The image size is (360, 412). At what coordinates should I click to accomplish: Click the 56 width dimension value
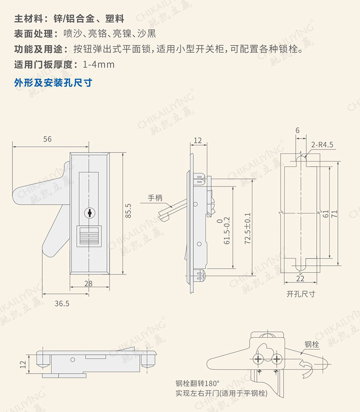point(47,139)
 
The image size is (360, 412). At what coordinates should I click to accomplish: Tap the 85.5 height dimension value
point(128,211)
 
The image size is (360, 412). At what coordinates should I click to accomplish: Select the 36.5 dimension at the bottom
point(61,303)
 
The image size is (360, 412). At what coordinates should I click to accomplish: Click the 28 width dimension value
point(88,283)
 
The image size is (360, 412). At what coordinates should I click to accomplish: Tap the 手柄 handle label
point(156,198)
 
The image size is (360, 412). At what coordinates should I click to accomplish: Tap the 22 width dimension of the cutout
point(300,279)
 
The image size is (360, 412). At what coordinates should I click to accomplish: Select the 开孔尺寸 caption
point(300,294)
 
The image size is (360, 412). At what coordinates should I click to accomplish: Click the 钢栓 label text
point(312,344)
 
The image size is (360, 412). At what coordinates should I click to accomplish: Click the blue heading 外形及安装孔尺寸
point(53,82)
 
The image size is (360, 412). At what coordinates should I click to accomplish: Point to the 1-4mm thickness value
point(99,64)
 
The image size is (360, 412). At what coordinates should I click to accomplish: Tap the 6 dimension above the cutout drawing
point(298,130)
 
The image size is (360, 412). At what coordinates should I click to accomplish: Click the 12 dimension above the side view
point(198,140)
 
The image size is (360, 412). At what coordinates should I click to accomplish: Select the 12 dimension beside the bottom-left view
point(23,364)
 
